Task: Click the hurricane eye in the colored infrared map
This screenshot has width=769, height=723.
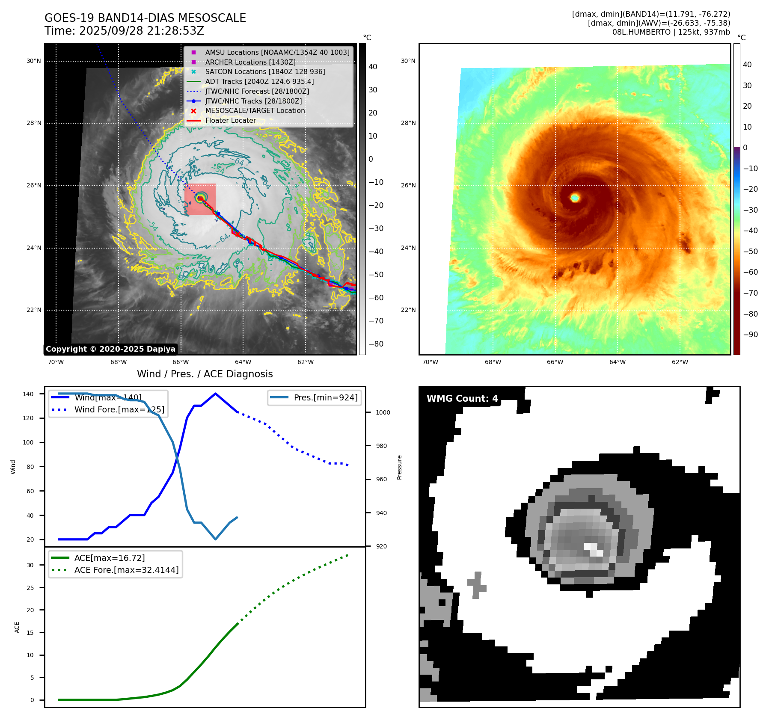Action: click(x=575, y=198)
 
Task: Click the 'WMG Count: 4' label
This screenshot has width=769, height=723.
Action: click(x=462, y=399)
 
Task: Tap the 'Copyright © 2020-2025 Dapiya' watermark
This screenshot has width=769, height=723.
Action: click(x=110, y=349)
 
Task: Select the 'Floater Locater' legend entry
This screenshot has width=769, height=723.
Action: click(x=230, y=121)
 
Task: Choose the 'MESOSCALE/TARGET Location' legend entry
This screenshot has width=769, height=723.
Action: click(x=255, y=111)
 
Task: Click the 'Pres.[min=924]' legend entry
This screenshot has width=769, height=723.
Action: click(x=326, y=397)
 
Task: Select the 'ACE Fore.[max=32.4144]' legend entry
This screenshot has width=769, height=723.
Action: click(x=126, y=570)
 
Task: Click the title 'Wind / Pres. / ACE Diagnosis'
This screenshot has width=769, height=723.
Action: click(x=205, y=374)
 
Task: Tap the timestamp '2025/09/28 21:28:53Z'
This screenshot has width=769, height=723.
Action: click(x=141, y=31)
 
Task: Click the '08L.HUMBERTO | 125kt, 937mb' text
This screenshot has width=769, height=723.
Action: click(x=671, y=32)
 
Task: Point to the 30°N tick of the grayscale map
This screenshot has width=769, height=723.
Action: click(x=34, y=61)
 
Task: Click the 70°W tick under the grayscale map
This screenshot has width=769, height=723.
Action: click(x=56, y=362)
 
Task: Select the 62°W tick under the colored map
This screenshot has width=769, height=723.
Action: click(x=680, y=362)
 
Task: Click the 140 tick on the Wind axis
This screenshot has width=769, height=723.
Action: click(x=28, y=394)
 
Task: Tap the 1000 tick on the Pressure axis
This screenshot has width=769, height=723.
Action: click(x=383, y=412)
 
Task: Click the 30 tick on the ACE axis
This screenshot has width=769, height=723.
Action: click(x=30, y=565)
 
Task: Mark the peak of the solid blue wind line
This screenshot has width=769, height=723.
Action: click(x=215, y=394)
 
